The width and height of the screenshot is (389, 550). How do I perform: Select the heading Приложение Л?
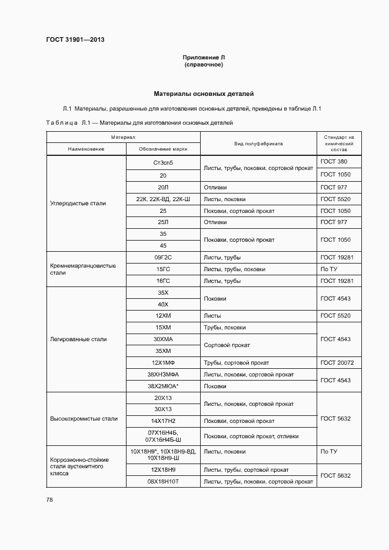(204, 57)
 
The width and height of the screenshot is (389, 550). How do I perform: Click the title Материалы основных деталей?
(204, 94)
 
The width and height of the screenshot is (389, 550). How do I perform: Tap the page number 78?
(49, 499)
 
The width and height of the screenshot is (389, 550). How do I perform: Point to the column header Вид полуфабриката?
(258, 143)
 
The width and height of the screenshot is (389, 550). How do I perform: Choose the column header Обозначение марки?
(163, 149)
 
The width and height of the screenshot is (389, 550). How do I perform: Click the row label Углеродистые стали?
(78, 203)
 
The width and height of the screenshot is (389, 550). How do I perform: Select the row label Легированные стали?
(78, 339)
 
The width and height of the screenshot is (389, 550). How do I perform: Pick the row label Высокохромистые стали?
(84, 419)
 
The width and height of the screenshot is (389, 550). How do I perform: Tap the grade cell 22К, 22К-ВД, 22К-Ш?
(163, 199)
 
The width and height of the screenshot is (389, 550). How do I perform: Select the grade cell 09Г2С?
(163, 257)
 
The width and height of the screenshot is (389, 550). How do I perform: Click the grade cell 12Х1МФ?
(163, 362)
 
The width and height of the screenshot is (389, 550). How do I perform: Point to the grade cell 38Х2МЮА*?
(163, 386)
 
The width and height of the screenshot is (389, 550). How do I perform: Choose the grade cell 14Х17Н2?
(163, 421)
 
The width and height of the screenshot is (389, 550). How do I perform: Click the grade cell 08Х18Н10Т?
(163, 481)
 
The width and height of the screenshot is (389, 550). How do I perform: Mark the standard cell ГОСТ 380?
(334, 161)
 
